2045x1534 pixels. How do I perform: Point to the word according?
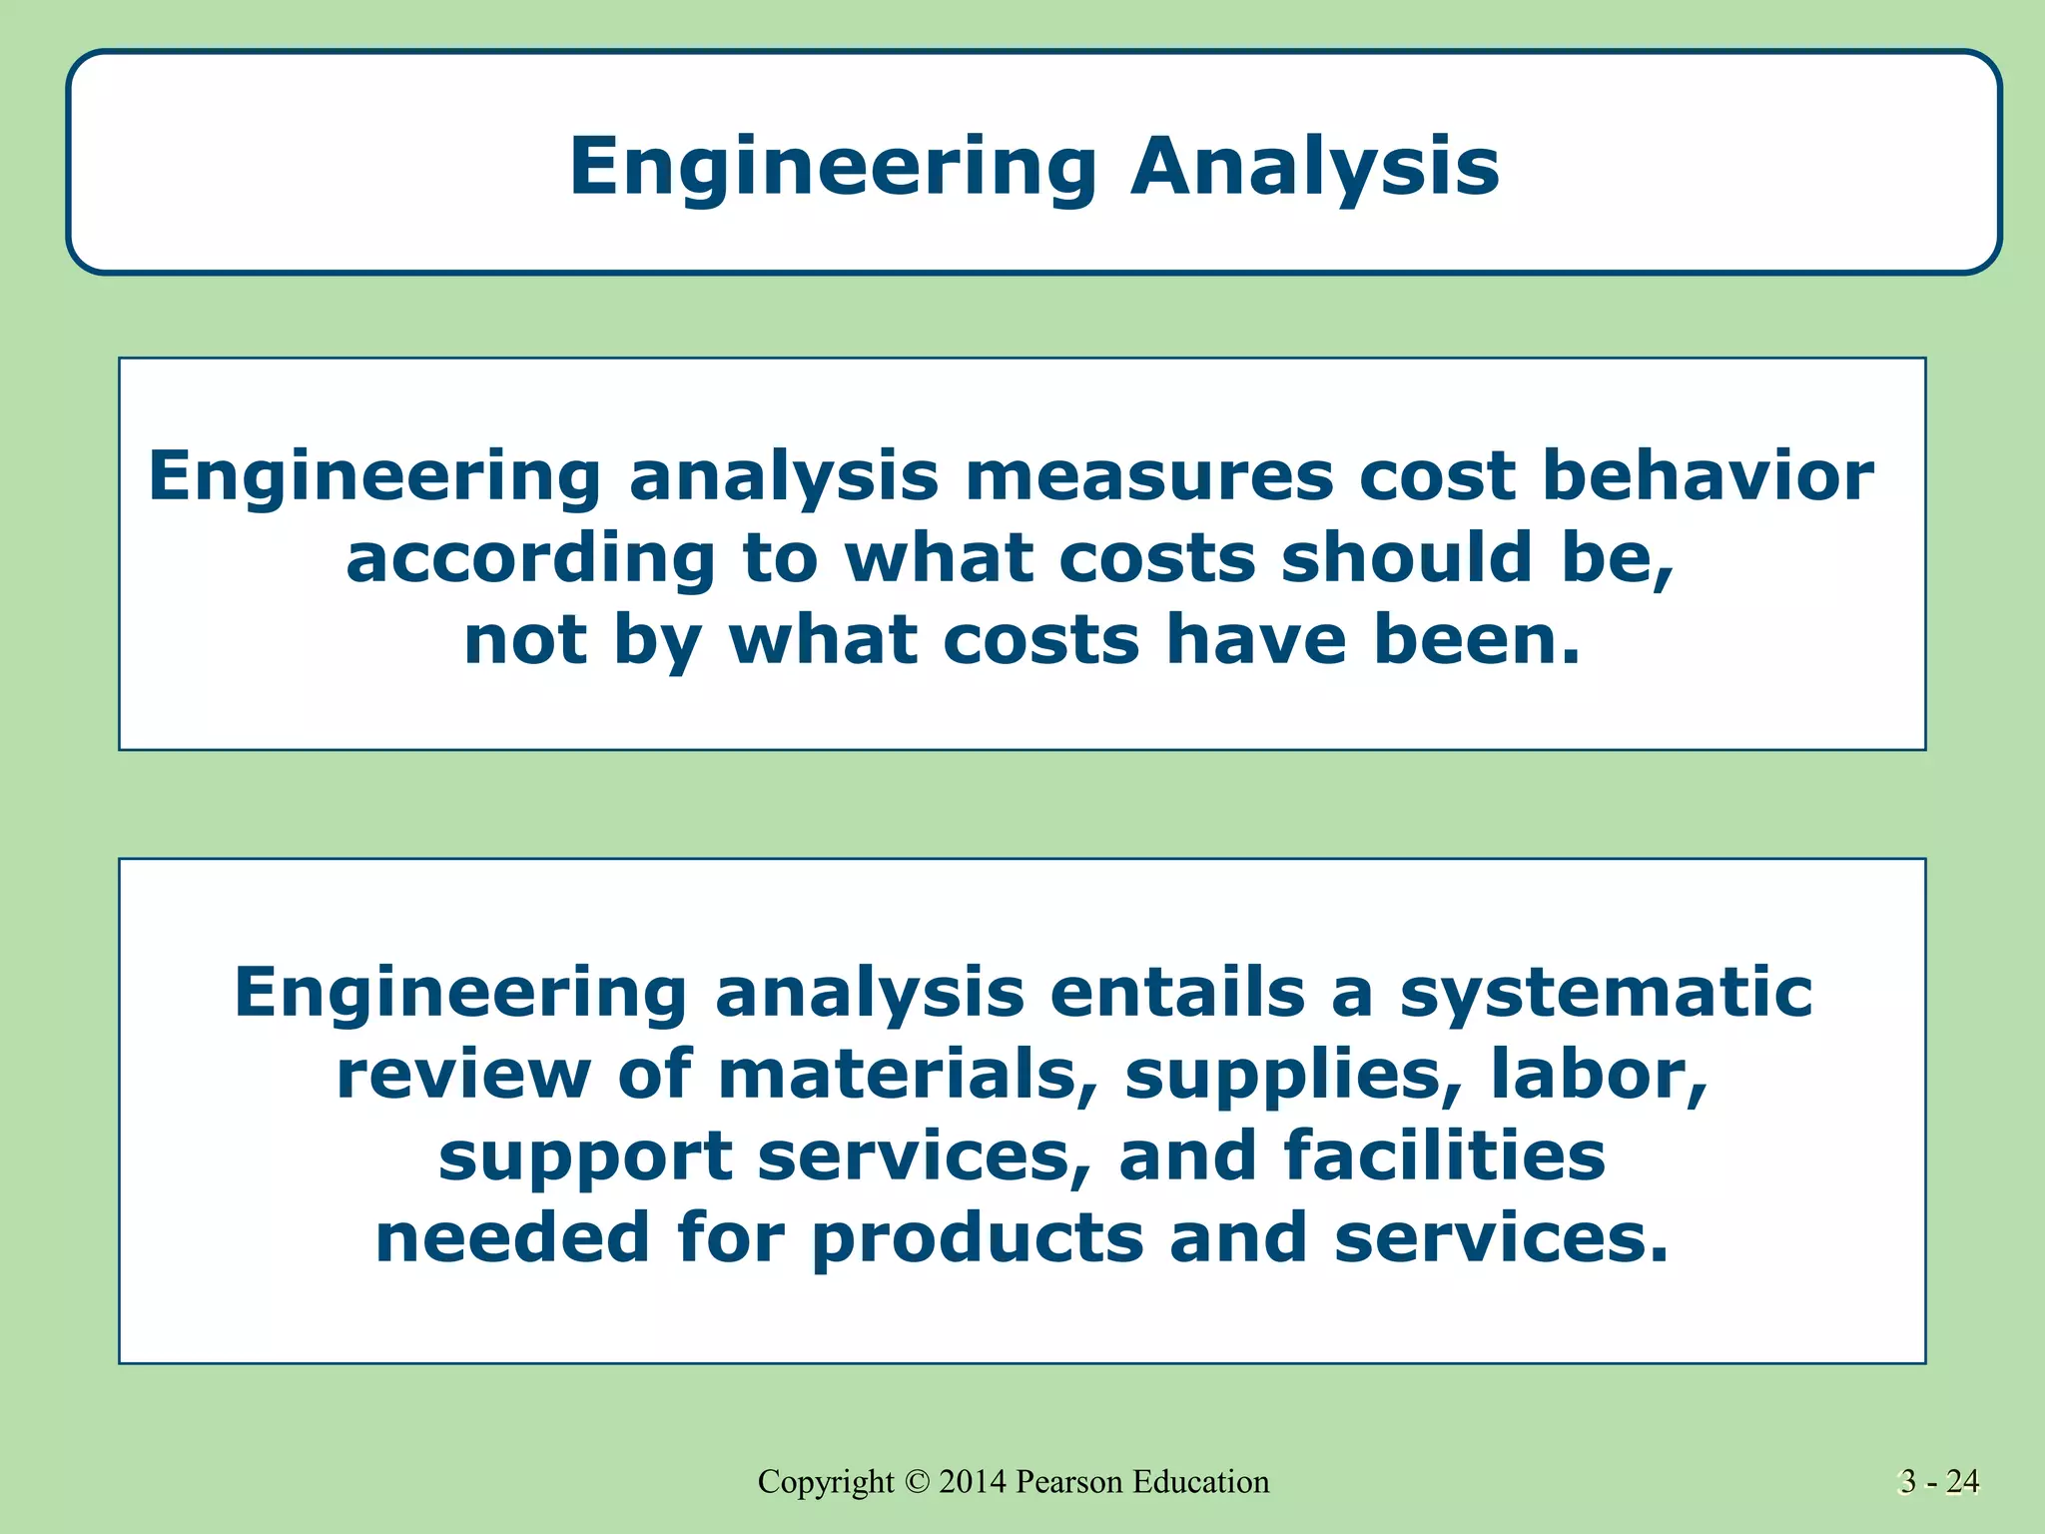[x=531, y=558]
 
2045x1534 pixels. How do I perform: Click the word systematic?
[x=1606, y=994]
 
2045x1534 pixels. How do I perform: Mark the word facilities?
[x=1444, y=1155]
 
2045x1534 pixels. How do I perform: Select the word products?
[x=977, y=1239]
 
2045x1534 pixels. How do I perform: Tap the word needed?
[x=512, y=1237]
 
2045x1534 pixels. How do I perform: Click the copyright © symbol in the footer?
[x=917, y=1482]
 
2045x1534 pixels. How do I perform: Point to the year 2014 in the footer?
[x=973, y=1482]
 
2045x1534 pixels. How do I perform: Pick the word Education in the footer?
[x=1201, y=1482]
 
